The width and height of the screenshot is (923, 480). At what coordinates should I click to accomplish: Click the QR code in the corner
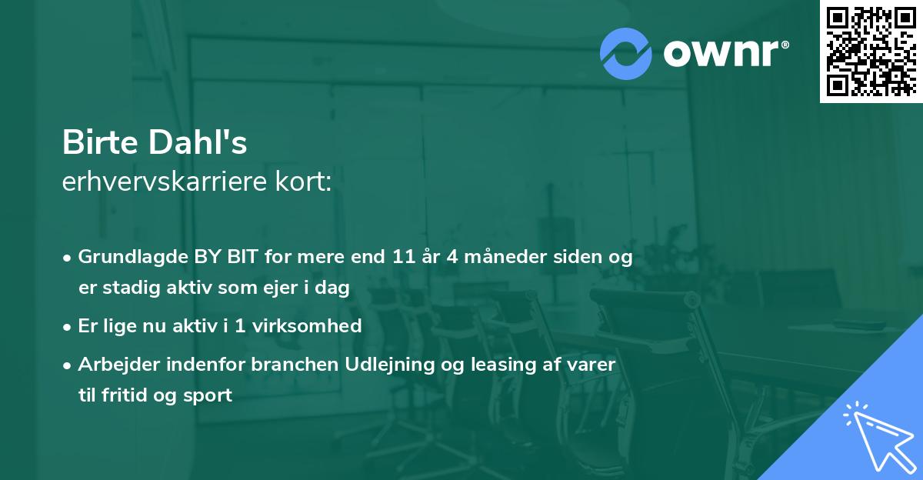click(871, 52)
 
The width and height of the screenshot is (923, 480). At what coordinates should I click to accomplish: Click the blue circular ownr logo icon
click(626, 54)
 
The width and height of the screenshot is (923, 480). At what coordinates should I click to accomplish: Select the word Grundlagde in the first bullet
click(125, 258)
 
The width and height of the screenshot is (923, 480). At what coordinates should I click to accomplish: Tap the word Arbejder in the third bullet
click(113, 364)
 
